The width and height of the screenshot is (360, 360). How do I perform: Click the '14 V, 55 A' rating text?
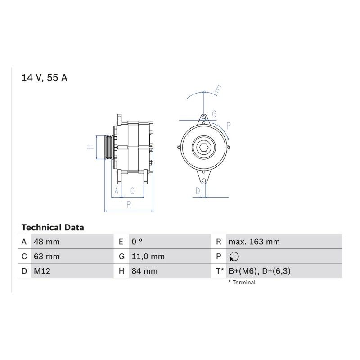click(x=44, y=77)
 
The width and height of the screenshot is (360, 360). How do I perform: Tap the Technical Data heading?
click(x=53, y=228)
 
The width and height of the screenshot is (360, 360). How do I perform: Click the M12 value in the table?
click(x=42, y=271)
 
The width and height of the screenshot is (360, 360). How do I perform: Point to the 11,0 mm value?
click(x=148, y=256)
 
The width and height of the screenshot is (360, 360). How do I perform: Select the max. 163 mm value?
click(x=254, y=242)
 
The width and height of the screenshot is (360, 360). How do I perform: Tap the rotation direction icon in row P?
click(x=234, y=256)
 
